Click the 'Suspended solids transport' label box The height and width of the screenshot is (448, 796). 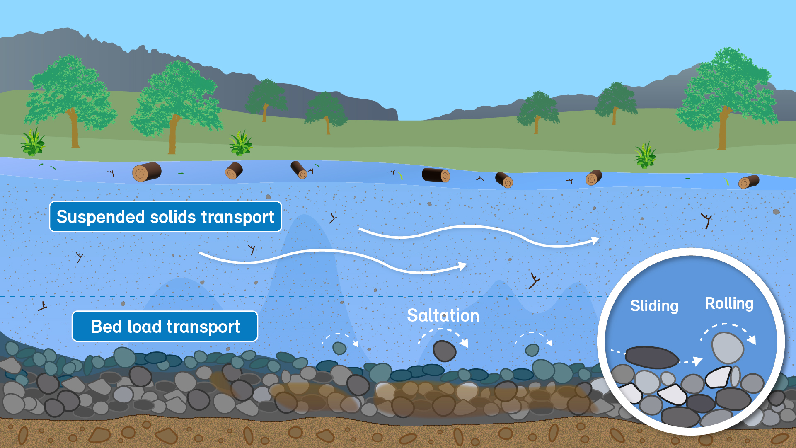click(x=165, y=217)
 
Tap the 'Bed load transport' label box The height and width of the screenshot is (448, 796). click(x=165, y=327)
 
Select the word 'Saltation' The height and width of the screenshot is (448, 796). click(x=443, y=316)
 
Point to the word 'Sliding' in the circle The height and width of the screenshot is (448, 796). click(x=654, y=306)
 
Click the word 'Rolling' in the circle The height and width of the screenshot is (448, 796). click(x=729, y=303)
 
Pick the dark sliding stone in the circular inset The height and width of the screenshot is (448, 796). click(x=651, y=357)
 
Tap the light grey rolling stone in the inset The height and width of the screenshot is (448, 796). click(x=728, y=347)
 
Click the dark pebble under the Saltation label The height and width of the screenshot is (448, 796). click(x=444, y=351)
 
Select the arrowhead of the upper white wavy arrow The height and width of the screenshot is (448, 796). click(x=595, y=240)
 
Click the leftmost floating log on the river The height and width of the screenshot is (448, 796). click(x=147, y=172)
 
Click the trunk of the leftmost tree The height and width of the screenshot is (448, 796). click(x=75, y=128)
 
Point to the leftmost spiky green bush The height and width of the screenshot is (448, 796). click(x=33, y=142)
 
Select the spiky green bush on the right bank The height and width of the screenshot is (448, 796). click(x=645, y=156)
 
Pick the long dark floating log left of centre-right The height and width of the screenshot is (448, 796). click(x=436, y=175)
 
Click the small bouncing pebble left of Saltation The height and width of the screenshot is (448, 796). click(x=339, y=348)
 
